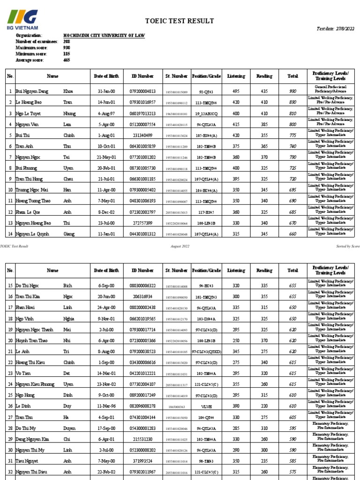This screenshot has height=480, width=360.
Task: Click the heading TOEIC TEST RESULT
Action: [x=180, y=21]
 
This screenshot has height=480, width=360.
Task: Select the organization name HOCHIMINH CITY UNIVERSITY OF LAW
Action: [x=110, y=36]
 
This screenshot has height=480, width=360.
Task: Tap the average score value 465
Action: [x=67, y=60]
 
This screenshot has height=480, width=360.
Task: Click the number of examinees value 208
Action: [x=67, y=42]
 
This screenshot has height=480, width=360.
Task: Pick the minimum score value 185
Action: [x=67, y=54]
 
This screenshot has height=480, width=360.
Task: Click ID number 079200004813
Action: [x=142, y=91]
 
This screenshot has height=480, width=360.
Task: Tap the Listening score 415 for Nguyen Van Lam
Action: [x=236, y=124]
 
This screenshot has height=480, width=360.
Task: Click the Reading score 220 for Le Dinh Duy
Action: [x=264, y=406]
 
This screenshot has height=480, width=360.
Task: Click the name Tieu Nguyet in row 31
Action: [x=28, y=461]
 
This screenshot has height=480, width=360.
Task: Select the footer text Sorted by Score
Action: [x=348, y=246]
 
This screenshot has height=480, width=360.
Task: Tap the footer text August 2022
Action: [x=180, y=246]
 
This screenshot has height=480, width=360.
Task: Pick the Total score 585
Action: [x=292, y=461]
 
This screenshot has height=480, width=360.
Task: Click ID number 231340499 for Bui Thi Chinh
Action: [x=142, y=135]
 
